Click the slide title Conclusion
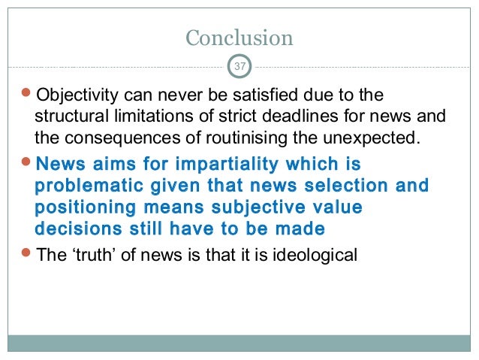pyautogui.click(x=239, y=37)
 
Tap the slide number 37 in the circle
pyautogui.click(x=239, y=67)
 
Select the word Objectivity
pyautogui.click(x=73, y=98)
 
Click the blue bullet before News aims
pyautogui.click(x=28, y=163)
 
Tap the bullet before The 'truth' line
pyautogui.click(x=28, y=255)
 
